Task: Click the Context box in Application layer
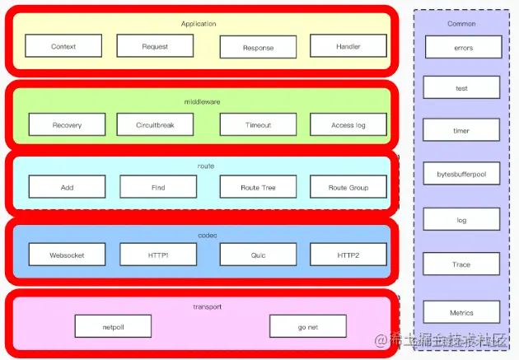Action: coord(63,46)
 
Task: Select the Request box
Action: coord(155,46)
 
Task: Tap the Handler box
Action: coord(348,46)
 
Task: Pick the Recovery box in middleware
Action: coord(67,125)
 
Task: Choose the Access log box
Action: coord(348,125)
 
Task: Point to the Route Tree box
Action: coord(258,187)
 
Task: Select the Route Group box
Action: coord(348,187)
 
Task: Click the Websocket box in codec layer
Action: coord(67,255)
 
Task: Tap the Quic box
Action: coord(258,255)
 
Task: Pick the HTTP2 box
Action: coord(348,255)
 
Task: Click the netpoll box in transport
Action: coord(113,326)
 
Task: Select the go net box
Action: coord(307,326)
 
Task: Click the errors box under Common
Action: coord(462,48)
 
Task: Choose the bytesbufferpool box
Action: coord(462,173)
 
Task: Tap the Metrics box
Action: coord(462,312)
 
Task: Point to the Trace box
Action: coord(462,264)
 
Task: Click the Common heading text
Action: coord(462,24)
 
